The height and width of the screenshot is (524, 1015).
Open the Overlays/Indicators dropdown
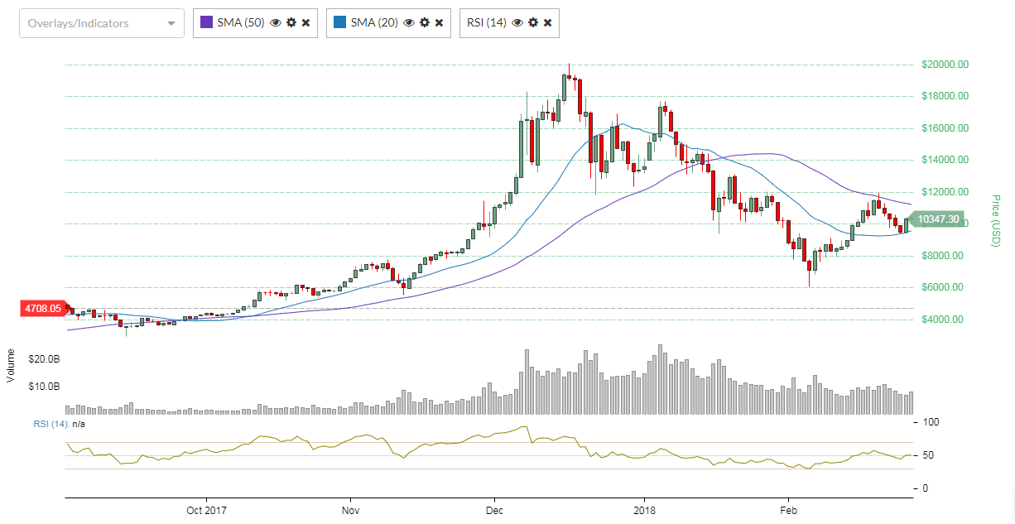(x=101, y=23)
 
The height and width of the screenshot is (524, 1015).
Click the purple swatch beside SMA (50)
(x=206, y=23)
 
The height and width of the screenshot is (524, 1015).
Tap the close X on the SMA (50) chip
(x=305, y=23)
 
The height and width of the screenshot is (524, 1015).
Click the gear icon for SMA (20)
(x=424, y=23)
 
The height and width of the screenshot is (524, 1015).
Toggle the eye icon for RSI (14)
(x=517, y=23)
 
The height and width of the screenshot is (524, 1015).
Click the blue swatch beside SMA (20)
(x=339, y=23)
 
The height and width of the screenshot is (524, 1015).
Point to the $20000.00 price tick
(x=945, y=65)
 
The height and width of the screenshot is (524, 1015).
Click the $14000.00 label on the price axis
(x=945, y=160)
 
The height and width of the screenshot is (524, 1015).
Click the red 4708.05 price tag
(x=43, y=309)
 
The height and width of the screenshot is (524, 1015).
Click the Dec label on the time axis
(x=494, y=510)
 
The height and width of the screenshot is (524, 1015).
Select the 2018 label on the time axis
(x=643, y=510)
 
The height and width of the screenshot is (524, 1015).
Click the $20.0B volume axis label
(x=43, y=358)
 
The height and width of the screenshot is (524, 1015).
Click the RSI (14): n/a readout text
(x=59, y=424)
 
